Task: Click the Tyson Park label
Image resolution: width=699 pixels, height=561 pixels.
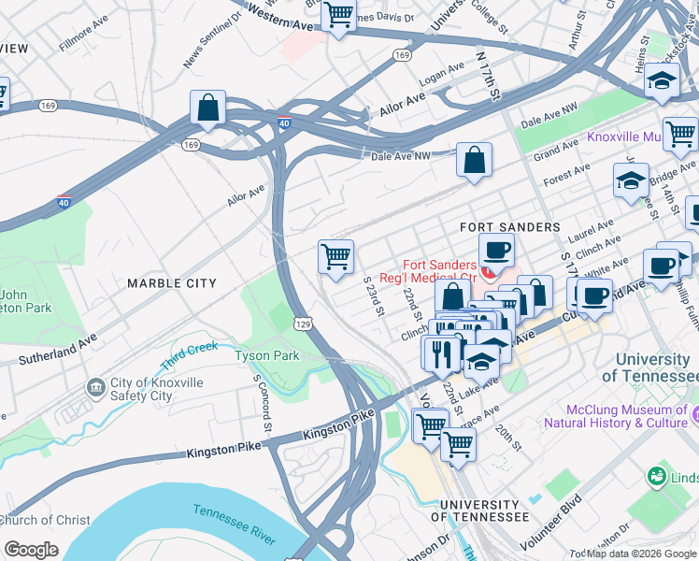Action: [266, 355]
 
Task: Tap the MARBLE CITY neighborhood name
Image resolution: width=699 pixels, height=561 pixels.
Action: [171, 283]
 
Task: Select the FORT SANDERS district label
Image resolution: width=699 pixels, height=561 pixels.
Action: [509, 227]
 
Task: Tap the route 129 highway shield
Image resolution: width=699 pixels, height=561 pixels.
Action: [318, 322]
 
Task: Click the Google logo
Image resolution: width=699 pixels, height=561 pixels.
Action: [31, 549]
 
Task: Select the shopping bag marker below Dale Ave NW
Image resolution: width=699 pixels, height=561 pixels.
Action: [475, 160]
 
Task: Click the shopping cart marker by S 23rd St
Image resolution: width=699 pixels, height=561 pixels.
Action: [335, 256]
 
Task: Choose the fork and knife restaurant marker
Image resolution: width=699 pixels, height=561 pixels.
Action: [438, 353]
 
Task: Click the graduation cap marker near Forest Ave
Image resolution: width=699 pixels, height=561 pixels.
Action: [631, 180]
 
